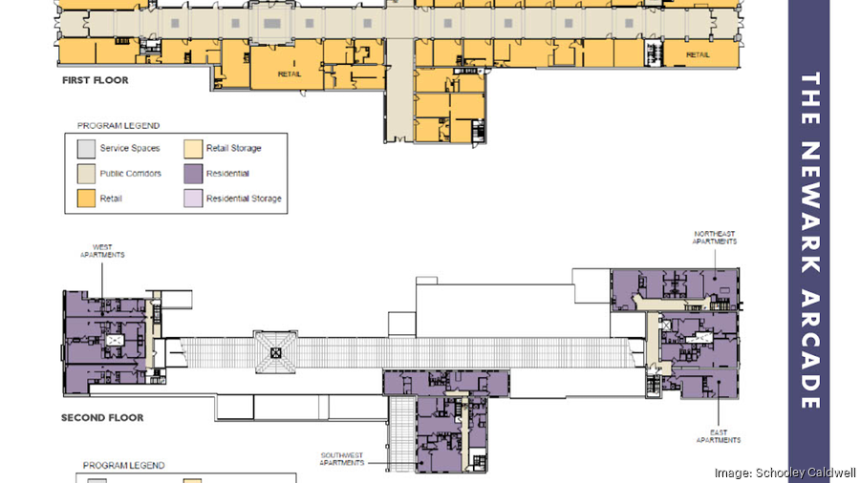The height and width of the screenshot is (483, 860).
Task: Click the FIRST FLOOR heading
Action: click(95, 80)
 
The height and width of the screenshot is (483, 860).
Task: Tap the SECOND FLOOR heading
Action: click(102, 418)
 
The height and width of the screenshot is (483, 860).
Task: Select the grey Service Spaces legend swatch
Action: click(86, 149)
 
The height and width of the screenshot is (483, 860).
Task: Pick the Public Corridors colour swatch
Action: click(86, 174)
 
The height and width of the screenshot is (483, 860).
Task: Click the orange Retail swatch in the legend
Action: click(86, 199)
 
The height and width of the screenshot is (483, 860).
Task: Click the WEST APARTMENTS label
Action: click(103, 251)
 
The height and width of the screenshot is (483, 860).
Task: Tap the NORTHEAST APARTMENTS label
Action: click(715, 238)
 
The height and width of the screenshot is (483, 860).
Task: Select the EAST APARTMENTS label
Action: click(718, 436)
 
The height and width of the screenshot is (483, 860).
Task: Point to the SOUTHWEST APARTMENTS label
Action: click(340, 457)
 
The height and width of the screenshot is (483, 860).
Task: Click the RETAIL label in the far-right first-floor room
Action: click(698, 54)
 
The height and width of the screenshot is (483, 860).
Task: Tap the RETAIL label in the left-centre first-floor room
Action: click(290, 73)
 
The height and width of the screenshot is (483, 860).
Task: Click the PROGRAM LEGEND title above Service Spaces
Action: click(118, 125)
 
